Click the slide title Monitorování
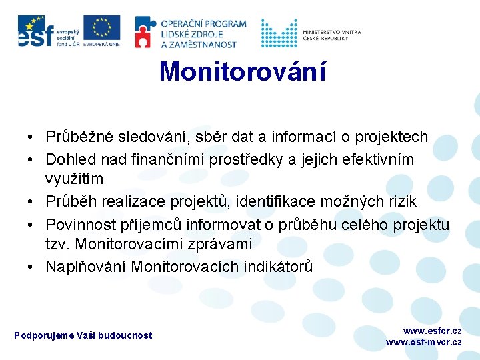pos(243,72)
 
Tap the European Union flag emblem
pos(102,28)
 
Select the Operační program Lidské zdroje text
pos(203,33)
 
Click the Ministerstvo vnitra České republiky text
pos(331,34)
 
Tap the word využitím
pos(74,179)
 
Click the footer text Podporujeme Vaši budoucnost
pos(83,335)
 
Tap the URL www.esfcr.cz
pos(431,331)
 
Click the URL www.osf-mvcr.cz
pos(423,342)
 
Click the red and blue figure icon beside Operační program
pos(146,32)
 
